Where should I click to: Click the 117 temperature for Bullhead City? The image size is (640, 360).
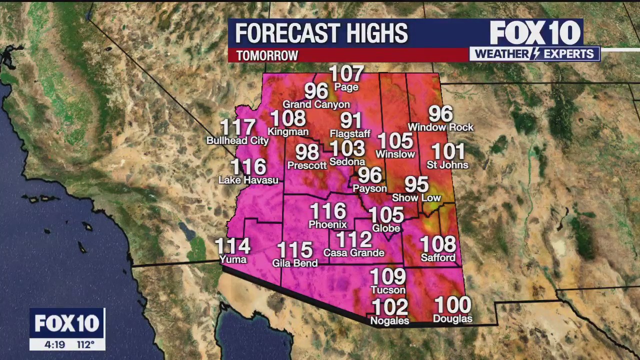click(238, 127)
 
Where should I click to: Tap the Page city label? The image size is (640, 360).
click(346, 87)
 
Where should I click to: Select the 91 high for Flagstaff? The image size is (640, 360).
click(351, 121)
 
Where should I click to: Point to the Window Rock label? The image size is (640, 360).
click(440, 127)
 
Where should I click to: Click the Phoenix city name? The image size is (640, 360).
click(327, 224)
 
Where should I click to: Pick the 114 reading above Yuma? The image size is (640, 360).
click(232, 246)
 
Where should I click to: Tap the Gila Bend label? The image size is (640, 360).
click(295, 263)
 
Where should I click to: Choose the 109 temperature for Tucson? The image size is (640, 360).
click(387, 276)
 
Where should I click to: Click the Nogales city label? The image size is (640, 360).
click(390, 320)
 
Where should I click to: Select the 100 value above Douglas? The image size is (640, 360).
click(452, 305)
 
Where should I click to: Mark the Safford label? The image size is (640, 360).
click(438, 258)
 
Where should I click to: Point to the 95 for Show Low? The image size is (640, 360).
click(416, 184)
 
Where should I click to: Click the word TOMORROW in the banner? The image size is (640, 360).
click(267, 55)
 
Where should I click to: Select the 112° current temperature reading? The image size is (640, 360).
click(85, 344)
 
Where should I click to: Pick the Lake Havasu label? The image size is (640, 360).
click(248, 180)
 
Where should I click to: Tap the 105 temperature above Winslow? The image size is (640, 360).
click(395, 141)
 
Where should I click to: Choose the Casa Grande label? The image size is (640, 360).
click(353, 253)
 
